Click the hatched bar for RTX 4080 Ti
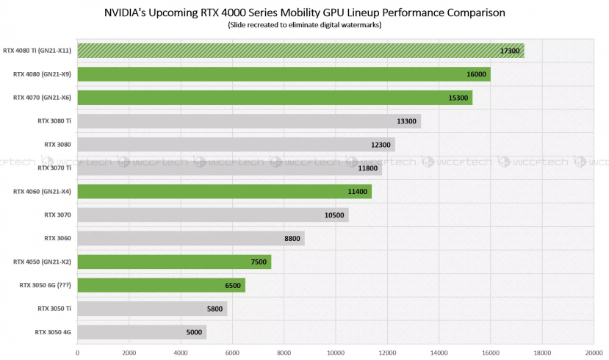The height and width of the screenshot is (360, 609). tap(300, 51)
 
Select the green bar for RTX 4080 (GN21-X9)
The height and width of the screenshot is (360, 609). tap(284, 74)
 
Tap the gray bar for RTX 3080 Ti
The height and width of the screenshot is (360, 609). tap(249, 121)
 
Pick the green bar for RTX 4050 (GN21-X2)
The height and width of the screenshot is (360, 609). tap(174, 262)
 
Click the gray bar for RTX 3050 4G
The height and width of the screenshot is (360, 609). tap(142, 332)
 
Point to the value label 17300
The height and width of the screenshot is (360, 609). tap(509, 51)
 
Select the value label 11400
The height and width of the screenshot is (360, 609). tap(357, 192)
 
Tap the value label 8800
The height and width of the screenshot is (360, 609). tap(290, 239)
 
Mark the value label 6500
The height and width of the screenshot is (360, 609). tap(231, 286)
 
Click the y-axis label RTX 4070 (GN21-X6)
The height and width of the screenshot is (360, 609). tap(42, 98)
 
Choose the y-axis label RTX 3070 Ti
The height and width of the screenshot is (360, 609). tap(54, 168)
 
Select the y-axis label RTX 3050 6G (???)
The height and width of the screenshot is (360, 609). tap(45, 285)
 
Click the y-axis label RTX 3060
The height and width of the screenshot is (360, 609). tap(58, 238)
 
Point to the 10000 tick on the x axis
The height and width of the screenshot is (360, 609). tap(336, 352)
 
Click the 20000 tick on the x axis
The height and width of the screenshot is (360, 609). tap(594, 352)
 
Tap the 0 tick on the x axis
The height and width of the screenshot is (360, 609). tap(78, 352)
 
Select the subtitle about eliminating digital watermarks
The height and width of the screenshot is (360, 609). tap(304, 26)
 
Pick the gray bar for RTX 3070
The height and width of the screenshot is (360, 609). tap(212, 215)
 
